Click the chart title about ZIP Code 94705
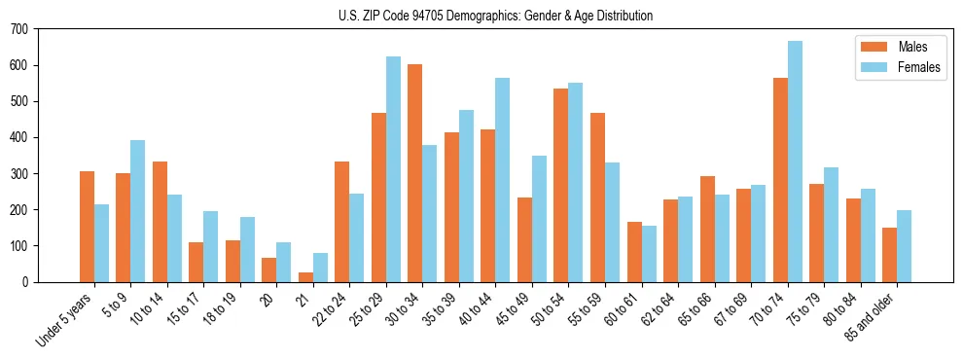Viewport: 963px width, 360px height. click(481, 16)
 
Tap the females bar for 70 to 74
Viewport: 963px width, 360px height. click(795, 162)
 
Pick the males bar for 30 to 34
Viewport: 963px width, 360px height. click(415, 173)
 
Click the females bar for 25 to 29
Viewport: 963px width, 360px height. click(393, 169)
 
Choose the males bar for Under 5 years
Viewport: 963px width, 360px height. click(87, 227)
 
